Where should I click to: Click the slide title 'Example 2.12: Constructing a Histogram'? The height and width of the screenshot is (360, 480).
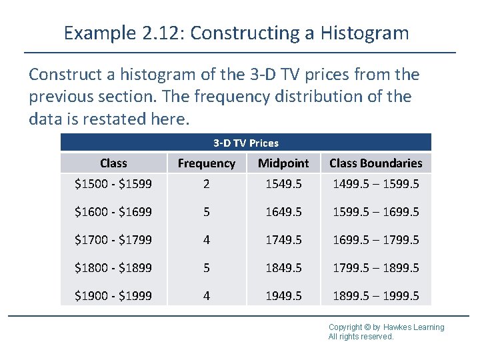(236, 33)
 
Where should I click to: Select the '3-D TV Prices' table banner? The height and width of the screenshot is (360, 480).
(246, 143)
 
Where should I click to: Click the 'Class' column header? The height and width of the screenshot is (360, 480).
(113, 163)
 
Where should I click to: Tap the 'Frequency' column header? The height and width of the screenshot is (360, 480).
(207, 163)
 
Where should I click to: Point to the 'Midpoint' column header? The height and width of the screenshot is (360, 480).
(283, 163)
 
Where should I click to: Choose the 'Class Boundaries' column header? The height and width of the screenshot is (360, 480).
(376, 163)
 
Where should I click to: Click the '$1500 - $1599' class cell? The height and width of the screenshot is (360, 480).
(113, 183)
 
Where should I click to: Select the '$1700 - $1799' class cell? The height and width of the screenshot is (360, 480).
(113, 239)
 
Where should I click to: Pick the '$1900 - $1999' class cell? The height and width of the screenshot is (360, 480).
(113, 295)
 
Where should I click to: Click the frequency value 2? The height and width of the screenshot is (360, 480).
(207, 183)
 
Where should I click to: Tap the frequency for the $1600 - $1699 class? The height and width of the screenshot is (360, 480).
(207, 211)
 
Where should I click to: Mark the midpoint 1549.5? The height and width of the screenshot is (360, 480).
(283, 183)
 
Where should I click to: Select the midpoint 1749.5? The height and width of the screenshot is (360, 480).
(283, 239)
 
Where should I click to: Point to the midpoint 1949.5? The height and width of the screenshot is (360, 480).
(283, 295)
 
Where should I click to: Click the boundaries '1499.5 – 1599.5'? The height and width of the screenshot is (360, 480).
(376, 183)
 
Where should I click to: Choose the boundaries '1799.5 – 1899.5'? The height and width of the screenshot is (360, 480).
(376, 267)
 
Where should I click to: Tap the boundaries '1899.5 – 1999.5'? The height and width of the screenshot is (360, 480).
(376, 295)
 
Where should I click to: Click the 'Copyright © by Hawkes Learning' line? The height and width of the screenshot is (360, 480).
(386, 327)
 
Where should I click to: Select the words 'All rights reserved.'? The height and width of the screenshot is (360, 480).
(361, 337)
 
